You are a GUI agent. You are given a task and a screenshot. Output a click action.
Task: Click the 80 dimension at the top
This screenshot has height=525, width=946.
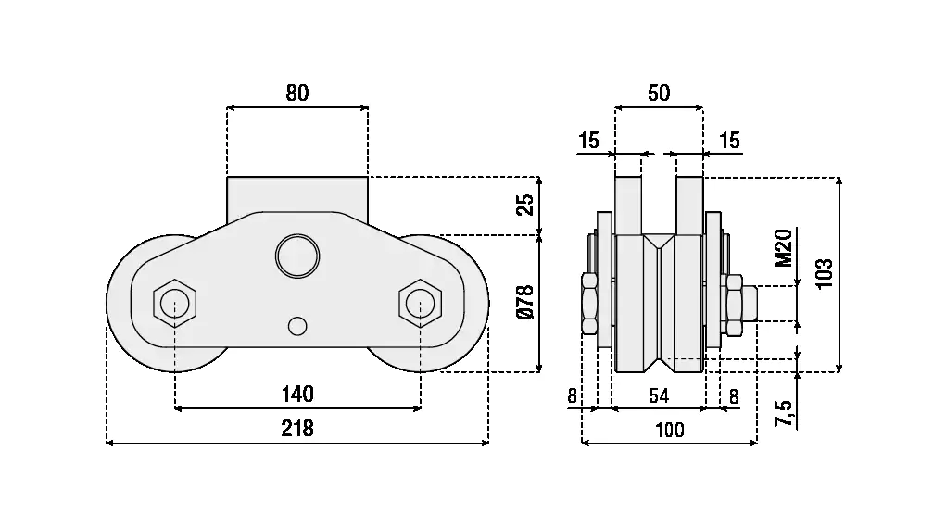(296, 93)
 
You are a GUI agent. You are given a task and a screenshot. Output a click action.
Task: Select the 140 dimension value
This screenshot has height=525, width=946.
(297, 394)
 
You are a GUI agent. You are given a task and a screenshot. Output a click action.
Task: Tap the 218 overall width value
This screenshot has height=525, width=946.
(297, 429)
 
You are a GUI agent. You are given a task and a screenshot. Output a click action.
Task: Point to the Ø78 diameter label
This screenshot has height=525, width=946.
(525, 302)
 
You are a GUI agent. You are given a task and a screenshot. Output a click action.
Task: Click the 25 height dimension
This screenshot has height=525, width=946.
(525, 205)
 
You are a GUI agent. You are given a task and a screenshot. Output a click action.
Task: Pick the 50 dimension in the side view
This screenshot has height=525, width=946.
(659, 93)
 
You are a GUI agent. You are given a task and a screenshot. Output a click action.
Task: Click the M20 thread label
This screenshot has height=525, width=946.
(783, 247)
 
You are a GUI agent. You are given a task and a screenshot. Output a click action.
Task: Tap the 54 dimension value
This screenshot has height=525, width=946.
(659, 396)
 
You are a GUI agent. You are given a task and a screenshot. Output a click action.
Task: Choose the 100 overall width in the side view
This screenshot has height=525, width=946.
(669, 429)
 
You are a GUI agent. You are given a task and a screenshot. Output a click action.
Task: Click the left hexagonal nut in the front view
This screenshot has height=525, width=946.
(174, 302)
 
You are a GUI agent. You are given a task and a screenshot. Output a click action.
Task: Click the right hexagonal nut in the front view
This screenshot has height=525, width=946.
(420, 302)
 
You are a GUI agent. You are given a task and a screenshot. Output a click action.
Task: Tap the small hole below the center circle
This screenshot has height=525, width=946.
(296, 326)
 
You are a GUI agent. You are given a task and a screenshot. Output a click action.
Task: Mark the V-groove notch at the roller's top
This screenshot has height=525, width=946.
(659, 243)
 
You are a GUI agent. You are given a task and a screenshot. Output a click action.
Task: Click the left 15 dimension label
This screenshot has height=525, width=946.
(588, 141)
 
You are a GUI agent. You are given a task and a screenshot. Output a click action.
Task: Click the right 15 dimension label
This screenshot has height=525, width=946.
(729, 141)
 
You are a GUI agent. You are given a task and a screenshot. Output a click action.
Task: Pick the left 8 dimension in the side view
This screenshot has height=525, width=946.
(573, 396)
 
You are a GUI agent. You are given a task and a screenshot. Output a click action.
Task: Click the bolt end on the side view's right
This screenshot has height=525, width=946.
(751, 302)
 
